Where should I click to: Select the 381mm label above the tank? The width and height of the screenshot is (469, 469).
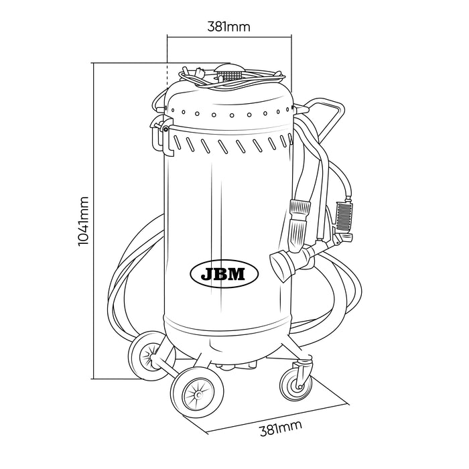pos(230,27)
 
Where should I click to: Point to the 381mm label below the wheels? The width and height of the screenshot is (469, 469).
pos(280,429)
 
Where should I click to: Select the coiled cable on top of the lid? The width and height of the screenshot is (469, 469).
pos(248,78)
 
